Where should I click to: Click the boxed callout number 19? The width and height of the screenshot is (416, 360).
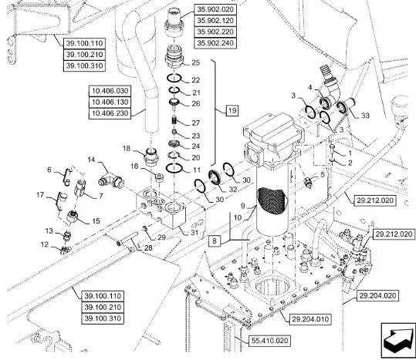232,110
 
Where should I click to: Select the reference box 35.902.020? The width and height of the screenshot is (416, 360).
215,9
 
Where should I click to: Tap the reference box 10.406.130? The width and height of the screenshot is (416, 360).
110,103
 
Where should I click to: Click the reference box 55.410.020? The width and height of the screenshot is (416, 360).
269,341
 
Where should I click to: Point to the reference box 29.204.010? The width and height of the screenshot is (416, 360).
310,319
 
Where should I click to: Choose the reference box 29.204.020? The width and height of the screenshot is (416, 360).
377,295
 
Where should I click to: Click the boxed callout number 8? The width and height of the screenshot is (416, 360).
215,241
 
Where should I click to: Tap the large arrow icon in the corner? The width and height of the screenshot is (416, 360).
398,340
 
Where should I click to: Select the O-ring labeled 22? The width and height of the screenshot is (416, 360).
174,79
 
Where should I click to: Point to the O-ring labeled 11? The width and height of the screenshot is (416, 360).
174,168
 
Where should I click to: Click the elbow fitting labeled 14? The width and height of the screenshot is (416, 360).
111,180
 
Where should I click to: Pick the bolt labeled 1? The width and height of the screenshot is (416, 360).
332,149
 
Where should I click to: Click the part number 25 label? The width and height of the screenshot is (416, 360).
196,62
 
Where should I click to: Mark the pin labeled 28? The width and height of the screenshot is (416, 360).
127,238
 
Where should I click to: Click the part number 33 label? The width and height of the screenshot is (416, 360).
365,116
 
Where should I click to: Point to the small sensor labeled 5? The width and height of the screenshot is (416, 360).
307,183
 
